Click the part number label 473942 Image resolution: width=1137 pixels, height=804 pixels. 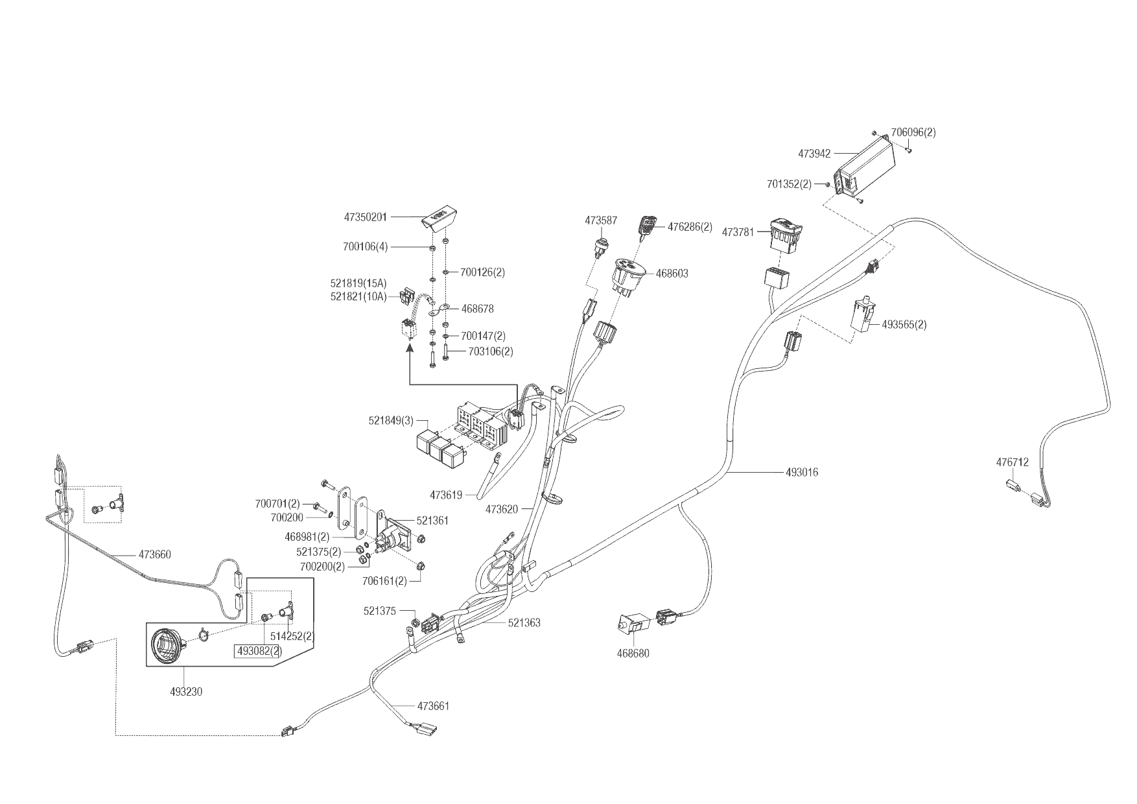(814, 154)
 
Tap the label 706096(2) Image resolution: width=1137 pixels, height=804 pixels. (913, 132)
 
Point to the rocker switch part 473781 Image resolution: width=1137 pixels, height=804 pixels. (786, 235)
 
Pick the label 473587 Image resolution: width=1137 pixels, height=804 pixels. (601, 220)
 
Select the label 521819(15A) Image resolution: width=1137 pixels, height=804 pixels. (358, 283)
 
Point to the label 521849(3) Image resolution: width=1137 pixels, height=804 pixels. (391, 420)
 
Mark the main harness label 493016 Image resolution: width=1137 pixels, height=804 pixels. (802, 472)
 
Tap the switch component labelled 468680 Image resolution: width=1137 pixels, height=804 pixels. (633, 624)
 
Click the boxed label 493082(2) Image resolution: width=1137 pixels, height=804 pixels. (257, 650)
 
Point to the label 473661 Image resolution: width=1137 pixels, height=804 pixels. (433, 705)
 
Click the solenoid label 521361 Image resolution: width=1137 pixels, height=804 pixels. (432, 520)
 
